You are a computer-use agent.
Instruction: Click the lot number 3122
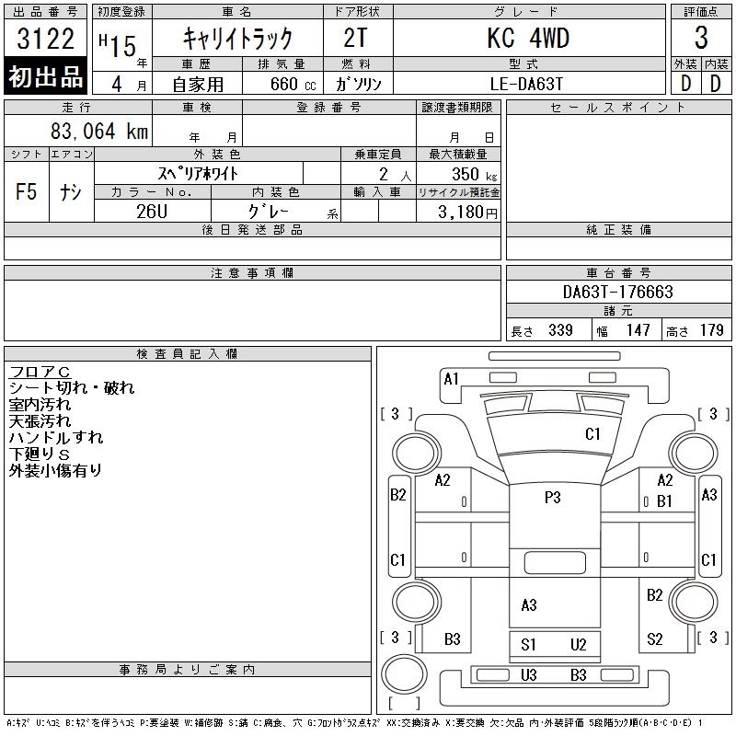45,39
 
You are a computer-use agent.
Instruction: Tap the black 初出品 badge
45,75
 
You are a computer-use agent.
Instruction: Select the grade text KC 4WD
528,39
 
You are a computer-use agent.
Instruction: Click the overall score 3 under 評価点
701,38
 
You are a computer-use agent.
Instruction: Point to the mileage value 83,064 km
99,131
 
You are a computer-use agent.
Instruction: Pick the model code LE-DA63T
526,84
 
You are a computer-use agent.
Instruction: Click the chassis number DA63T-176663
617,292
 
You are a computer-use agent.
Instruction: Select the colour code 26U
152,212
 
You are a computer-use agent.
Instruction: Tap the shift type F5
27,191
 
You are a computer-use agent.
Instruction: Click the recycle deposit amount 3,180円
467,213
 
